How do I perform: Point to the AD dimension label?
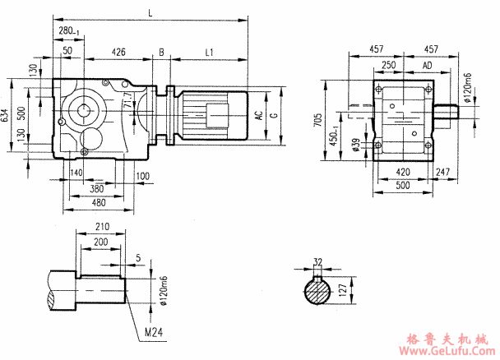coord(428,64)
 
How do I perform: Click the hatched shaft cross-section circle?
coord(317,291)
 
